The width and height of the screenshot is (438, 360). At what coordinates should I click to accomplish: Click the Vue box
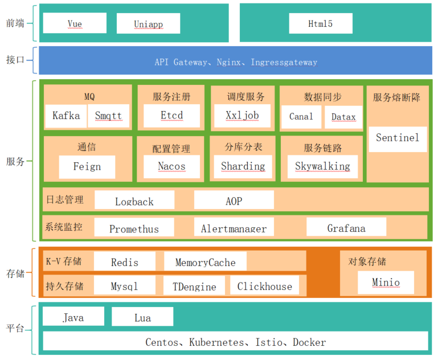[x=75, y=23]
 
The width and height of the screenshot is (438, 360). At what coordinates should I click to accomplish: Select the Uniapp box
[x=148, y=23]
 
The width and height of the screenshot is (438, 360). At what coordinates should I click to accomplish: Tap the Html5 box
[x=320, y=23]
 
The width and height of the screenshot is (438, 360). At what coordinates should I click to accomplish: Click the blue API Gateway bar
[x=236, y=62]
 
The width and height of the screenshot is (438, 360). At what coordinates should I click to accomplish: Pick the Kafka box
[x=66, y=116]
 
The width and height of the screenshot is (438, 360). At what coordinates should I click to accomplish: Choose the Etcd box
[x=171, y=116]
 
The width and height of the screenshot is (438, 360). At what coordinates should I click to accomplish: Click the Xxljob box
[x=242, y=116]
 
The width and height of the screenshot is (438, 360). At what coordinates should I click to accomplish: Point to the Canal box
[x=301, y=117]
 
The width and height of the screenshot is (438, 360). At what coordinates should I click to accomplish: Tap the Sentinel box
[x=398, y=138]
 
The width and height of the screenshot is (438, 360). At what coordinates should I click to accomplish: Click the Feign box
[x=87, y=167]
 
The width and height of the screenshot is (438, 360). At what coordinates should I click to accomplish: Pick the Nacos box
[x=171, y=167]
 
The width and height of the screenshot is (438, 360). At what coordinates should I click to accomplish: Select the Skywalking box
[x=322, y=167]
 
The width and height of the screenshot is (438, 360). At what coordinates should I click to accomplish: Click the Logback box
[x=134, y=201]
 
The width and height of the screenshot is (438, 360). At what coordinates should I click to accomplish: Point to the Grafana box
[x=346, y=228]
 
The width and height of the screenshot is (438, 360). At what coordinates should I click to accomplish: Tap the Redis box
[x=125, y=262]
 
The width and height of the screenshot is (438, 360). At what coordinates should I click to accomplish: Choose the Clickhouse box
[x=264, y=286]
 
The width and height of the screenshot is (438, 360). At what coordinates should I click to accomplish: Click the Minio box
[x=386, y=282]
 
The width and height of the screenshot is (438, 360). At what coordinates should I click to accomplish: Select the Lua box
[x=142, y=317]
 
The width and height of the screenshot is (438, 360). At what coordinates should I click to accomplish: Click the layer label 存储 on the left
[x=16, y=273]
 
